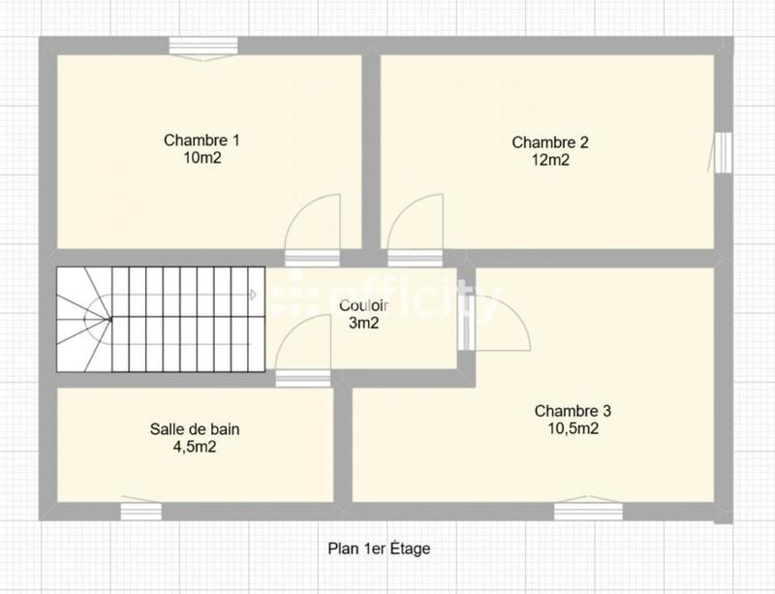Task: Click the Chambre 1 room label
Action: click(201, 141)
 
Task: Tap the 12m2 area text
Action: click(550, 160)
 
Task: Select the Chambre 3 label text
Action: click(573, 411)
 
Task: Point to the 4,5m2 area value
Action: click(195, 447)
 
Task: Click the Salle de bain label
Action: click(195, 429)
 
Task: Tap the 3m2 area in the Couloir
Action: click(363, 323)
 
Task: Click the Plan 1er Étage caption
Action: click(386, 548)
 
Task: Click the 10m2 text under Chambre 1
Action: click(201, 158)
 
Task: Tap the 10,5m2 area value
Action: click(573, 428)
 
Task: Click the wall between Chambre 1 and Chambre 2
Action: click(370, 150)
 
